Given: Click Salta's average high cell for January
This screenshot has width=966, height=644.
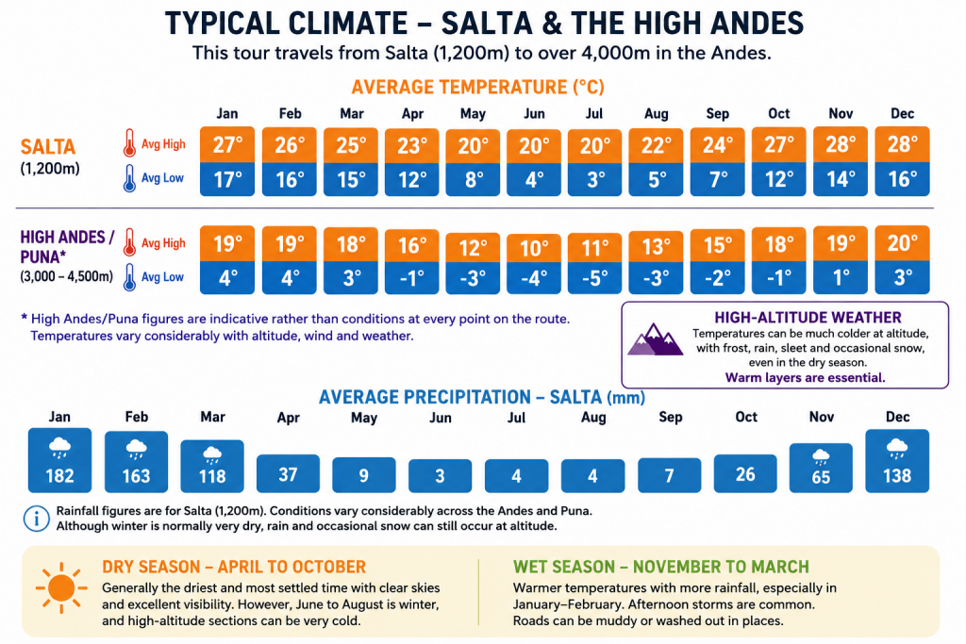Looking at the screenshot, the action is (227, 144).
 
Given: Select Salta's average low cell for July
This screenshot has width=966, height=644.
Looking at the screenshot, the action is (594, 179).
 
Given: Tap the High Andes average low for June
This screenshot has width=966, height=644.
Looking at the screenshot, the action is (534, 277).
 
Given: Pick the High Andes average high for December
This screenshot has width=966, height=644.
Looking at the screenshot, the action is (902, 243).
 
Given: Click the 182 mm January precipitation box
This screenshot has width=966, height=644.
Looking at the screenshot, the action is (59, 460).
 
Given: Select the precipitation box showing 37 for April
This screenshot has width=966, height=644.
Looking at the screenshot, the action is (288, 473).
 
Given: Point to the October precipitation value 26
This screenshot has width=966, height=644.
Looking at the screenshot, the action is (745, 473).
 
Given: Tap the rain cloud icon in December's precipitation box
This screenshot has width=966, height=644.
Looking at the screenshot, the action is (897, 448).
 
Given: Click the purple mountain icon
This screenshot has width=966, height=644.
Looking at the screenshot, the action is (655, 339).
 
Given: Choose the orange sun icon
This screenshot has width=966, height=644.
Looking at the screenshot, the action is (61, 588).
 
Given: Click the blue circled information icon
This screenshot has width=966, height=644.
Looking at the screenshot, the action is (37, 519).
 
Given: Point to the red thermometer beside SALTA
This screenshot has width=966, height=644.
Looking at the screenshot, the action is (129, 142).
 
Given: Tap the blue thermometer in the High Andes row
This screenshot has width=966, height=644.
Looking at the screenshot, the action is (129, 277).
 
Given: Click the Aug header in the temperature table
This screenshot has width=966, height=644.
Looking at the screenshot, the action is (657, 114).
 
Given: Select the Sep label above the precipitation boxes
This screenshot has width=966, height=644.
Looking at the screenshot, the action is (671, 417).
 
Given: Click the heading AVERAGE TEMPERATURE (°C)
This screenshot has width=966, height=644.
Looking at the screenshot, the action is (478, 87).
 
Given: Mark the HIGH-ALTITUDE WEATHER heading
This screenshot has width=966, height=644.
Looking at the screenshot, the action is (808, 317).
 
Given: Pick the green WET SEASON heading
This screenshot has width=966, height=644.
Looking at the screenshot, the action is (661, 567).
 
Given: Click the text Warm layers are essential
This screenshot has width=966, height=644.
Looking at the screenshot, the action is (806, 377).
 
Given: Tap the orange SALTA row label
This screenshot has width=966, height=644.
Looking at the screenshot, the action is (48, 146).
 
